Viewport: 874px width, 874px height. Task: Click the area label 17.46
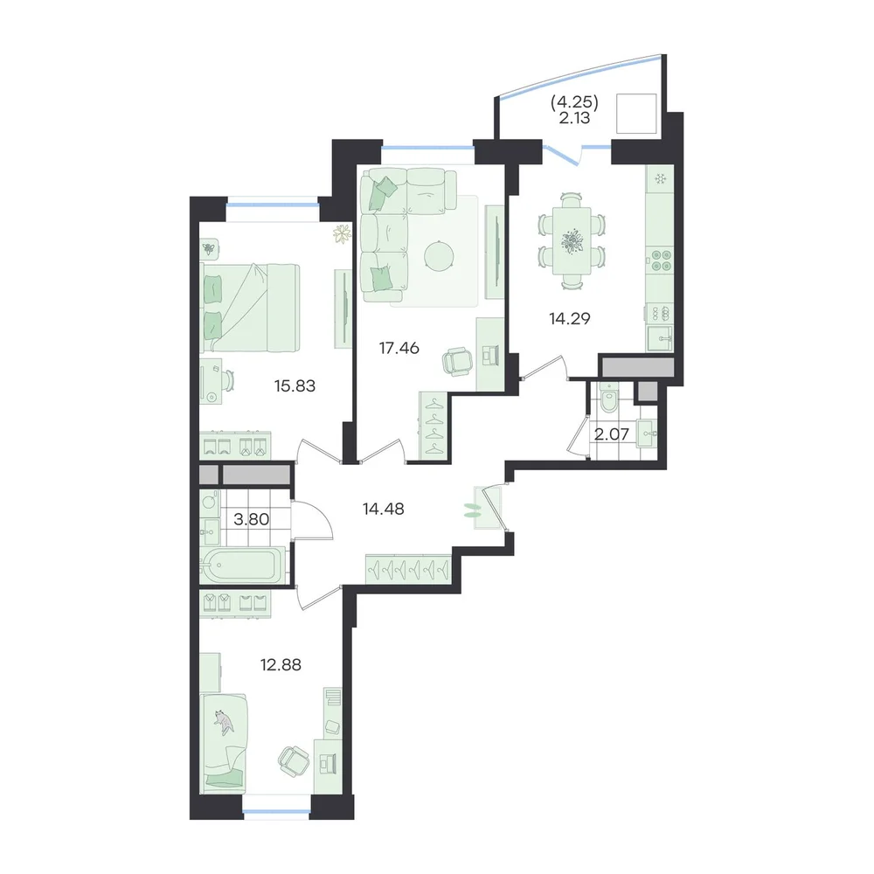click(399, 349)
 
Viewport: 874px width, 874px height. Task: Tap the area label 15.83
click(295, 385)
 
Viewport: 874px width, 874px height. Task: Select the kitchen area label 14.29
click(569, 319)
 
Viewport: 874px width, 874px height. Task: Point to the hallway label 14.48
click(384, 509)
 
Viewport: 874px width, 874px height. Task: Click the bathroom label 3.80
click(252, 519)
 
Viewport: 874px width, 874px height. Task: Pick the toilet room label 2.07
click(612, 434)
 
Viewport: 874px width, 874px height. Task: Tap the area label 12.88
click(281, 665)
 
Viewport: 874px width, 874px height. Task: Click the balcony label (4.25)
click(575, 102)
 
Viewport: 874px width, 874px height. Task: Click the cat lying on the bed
click(225, 722)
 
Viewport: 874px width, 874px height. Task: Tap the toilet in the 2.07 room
click(608, 396)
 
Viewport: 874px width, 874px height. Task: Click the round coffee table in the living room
click(439, 257)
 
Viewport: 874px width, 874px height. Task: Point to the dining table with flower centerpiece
click(572, 241)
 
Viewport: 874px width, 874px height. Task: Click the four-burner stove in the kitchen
click(660, 260)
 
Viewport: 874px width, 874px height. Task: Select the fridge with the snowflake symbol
click(660, 179)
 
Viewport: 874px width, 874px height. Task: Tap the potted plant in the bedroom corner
click(342, 233)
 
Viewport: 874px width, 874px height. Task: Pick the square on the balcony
click(636, 114)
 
